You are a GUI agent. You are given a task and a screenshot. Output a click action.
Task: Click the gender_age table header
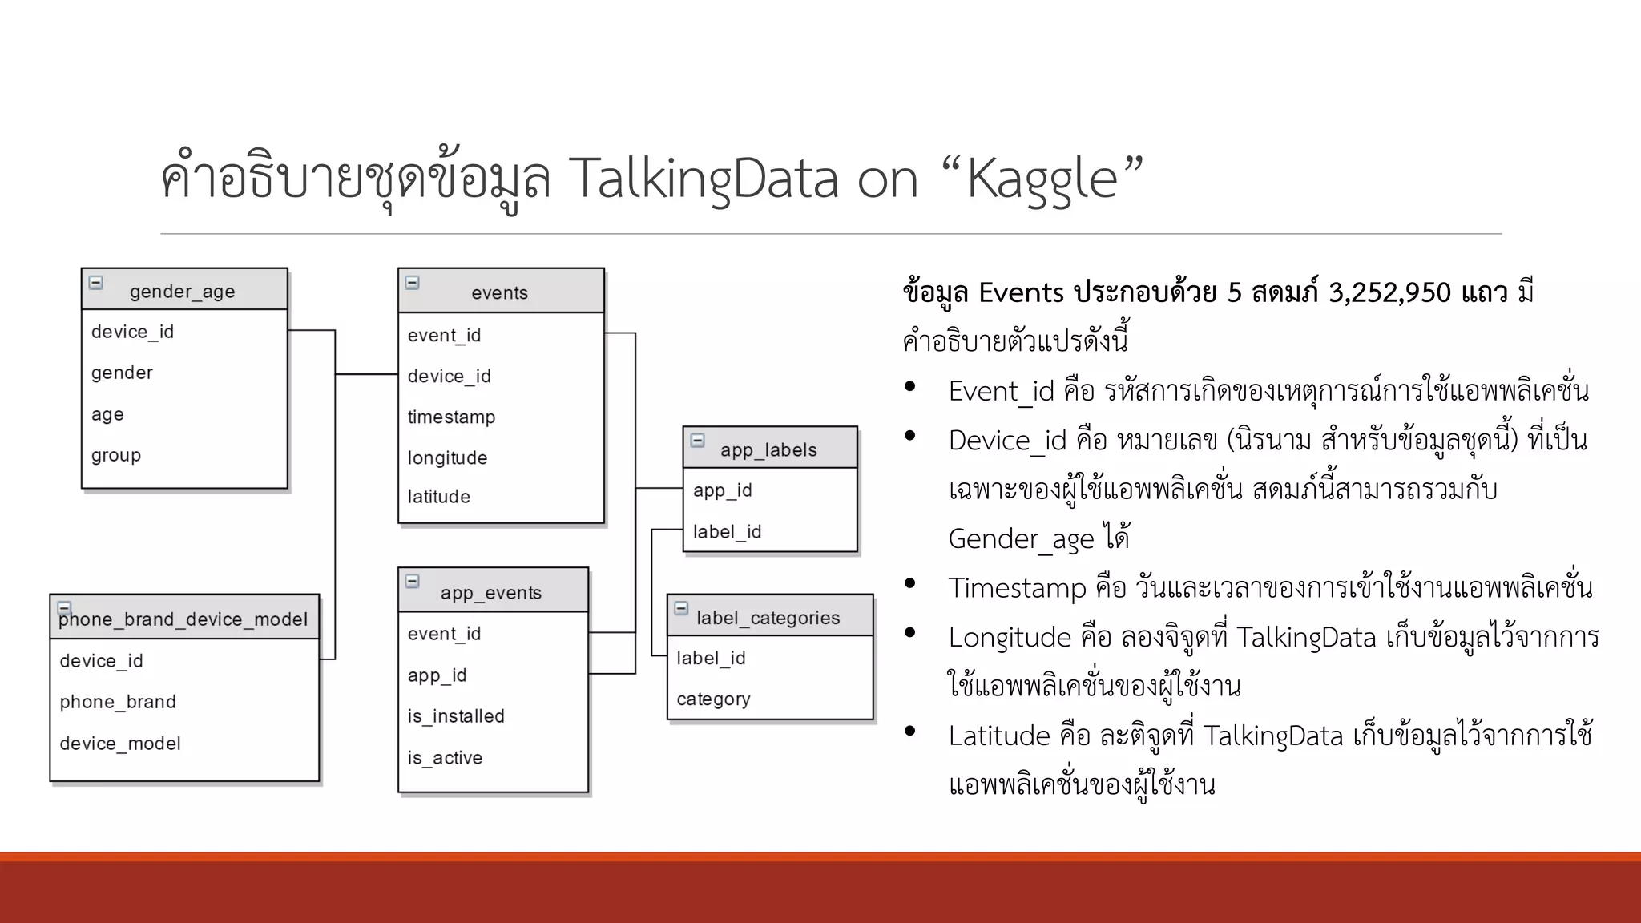coord(183,291)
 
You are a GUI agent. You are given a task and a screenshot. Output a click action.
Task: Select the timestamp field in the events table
coord(451,417)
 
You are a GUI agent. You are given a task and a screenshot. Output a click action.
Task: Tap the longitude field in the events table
coord(447,457)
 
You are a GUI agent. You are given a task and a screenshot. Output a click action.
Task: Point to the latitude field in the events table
coord(438,497)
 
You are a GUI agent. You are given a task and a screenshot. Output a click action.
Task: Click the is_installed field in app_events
coord(456,716)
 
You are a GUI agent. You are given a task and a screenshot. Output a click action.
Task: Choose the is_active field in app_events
coord(445,758)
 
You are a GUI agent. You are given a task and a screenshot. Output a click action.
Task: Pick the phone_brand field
coord(118,702)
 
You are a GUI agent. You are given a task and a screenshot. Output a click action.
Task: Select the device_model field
coord(120,744)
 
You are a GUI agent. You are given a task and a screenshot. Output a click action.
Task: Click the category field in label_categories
coord(713,699)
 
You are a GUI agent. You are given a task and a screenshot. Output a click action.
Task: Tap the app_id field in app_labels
coord(722,490)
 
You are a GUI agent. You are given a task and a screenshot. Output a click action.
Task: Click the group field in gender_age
coord(116,455)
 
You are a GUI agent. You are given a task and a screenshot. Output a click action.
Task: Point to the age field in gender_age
coord(107,414)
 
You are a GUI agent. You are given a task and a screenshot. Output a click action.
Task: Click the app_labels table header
coord(768,449)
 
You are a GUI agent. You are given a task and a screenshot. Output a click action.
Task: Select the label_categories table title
coord(768,618)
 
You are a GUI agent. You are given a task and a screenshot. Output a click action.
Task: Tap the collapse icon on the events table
coord(413,283)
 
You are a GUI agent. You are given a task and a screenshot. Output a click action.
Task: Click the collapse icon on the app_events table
coord(413,581)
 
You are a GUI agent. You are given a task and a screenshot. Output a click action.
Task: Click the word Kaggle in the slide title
coord(1042,179)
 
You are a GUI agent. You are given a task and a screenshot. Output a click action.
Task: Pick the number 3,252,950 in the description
coord(1389,292)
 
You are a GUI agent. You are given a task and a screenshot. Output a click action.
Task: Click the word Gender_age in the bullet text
coord(1021,538)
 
